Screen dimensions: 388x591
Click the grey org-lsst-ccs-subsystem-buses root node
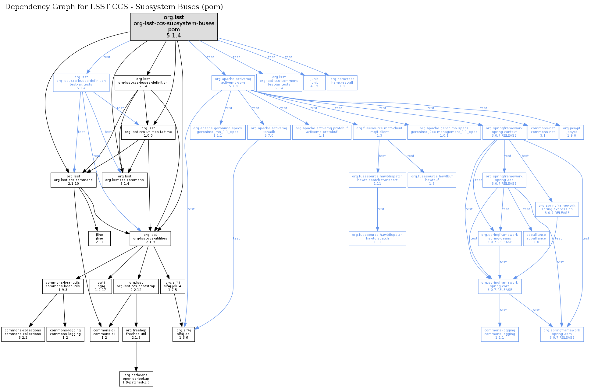pyautogui.click(x=174, y=26)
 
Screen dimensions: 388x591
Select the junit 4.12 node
pyautogui.click(x=314, y=82)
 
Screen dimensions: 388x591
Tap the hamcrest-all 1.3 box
pyautogui.click(x=342, y=82)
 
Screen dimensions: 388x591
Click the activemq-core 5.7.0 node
pyautogui.click(x=233, y=82)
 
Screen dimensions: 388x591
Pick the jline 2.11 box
pyautogui.click(x=99, y=238)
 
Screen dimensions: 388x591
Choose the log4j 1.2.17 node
pyautogui.click(x=101, y=286)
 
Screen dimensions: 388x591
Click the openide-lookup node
pyautogui.click(x=136, y=379)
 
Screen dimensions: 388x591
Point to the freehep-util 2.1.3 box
pyautogui.click(x=136, y=334)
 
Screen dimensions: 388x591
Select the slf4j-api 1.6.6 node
pyautogui.click(x=183, y=334)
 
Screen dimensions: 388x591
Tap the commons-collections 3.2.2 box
pyautogui.click(x=23, y=334)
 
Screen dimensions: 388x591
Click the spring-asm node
pyautogui.click(x=562, y=334)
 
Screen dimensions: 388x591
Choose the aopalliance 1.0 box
pyautogui.click(x=536, y=238)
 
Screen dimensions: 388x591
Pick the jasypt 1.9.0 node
pyautogui.click(x=571, y=132)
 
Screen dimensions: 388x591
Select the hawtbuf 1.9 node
pyautogui.click(x=432, y=180)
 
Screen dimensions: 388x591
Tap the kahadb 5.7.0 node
pyautogui.click(x=269, y=132)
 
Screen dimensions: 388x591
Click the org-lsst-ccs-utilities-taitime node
pyautogui.click(x=148, y=132)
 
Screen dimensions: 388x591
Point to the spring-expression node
pyautogui.click(x=557, y=209)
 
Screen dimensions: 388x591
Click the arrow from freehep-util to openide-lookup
pyautogui.click(x=136, y=356)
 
